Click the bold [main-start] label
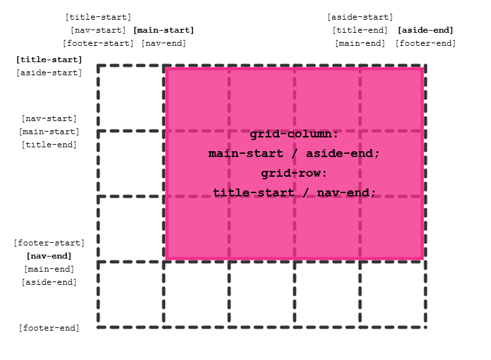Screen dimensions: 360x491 164,30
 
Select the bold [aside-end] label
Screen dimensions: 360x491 426,30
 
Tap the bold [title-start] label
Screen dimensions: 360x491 49,60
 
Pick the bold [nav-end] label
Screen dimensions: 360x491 49,256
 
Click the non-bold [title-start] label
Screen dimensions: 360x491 98,17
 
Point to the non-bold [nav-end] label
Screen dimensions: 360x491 164,43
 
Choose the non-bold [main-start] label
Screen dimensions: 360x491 49,132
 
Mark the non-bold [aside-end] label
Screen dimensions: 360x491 49,282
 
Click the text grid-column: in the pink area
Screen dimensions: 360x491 294,134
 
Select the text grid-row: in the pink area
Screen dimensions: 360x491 294,173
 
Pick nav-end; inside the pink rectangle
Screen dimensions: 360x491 344,193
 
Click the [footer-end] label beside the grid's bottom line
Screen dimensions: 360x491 49,328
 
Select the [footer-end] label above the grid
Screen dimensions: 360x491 426,43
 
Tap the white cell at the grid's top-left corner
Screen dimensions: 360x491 131,98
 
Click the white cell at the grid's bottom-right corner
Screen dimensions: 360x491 393,295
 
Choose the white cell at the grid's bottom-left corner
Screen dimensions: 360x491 131,295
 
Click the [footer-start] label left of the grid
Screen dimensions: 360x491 49,243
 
